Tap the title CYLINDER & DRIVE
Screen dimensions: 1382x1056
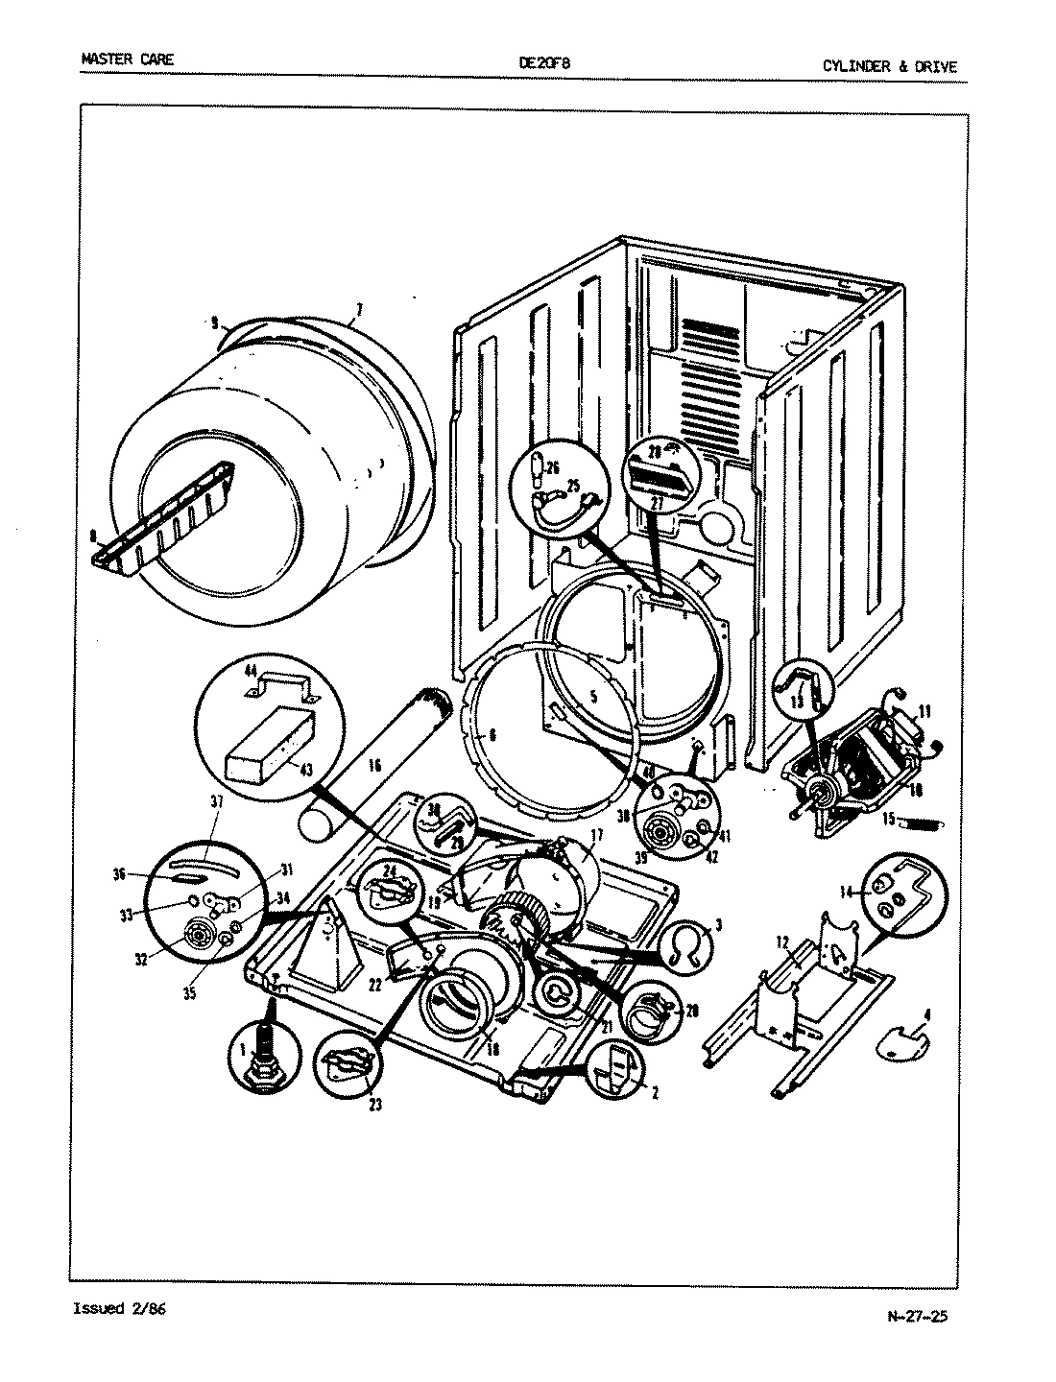click(x=889, y=67)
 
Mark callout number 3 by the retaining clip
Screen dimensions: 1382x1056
click(x=718, y=925)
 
